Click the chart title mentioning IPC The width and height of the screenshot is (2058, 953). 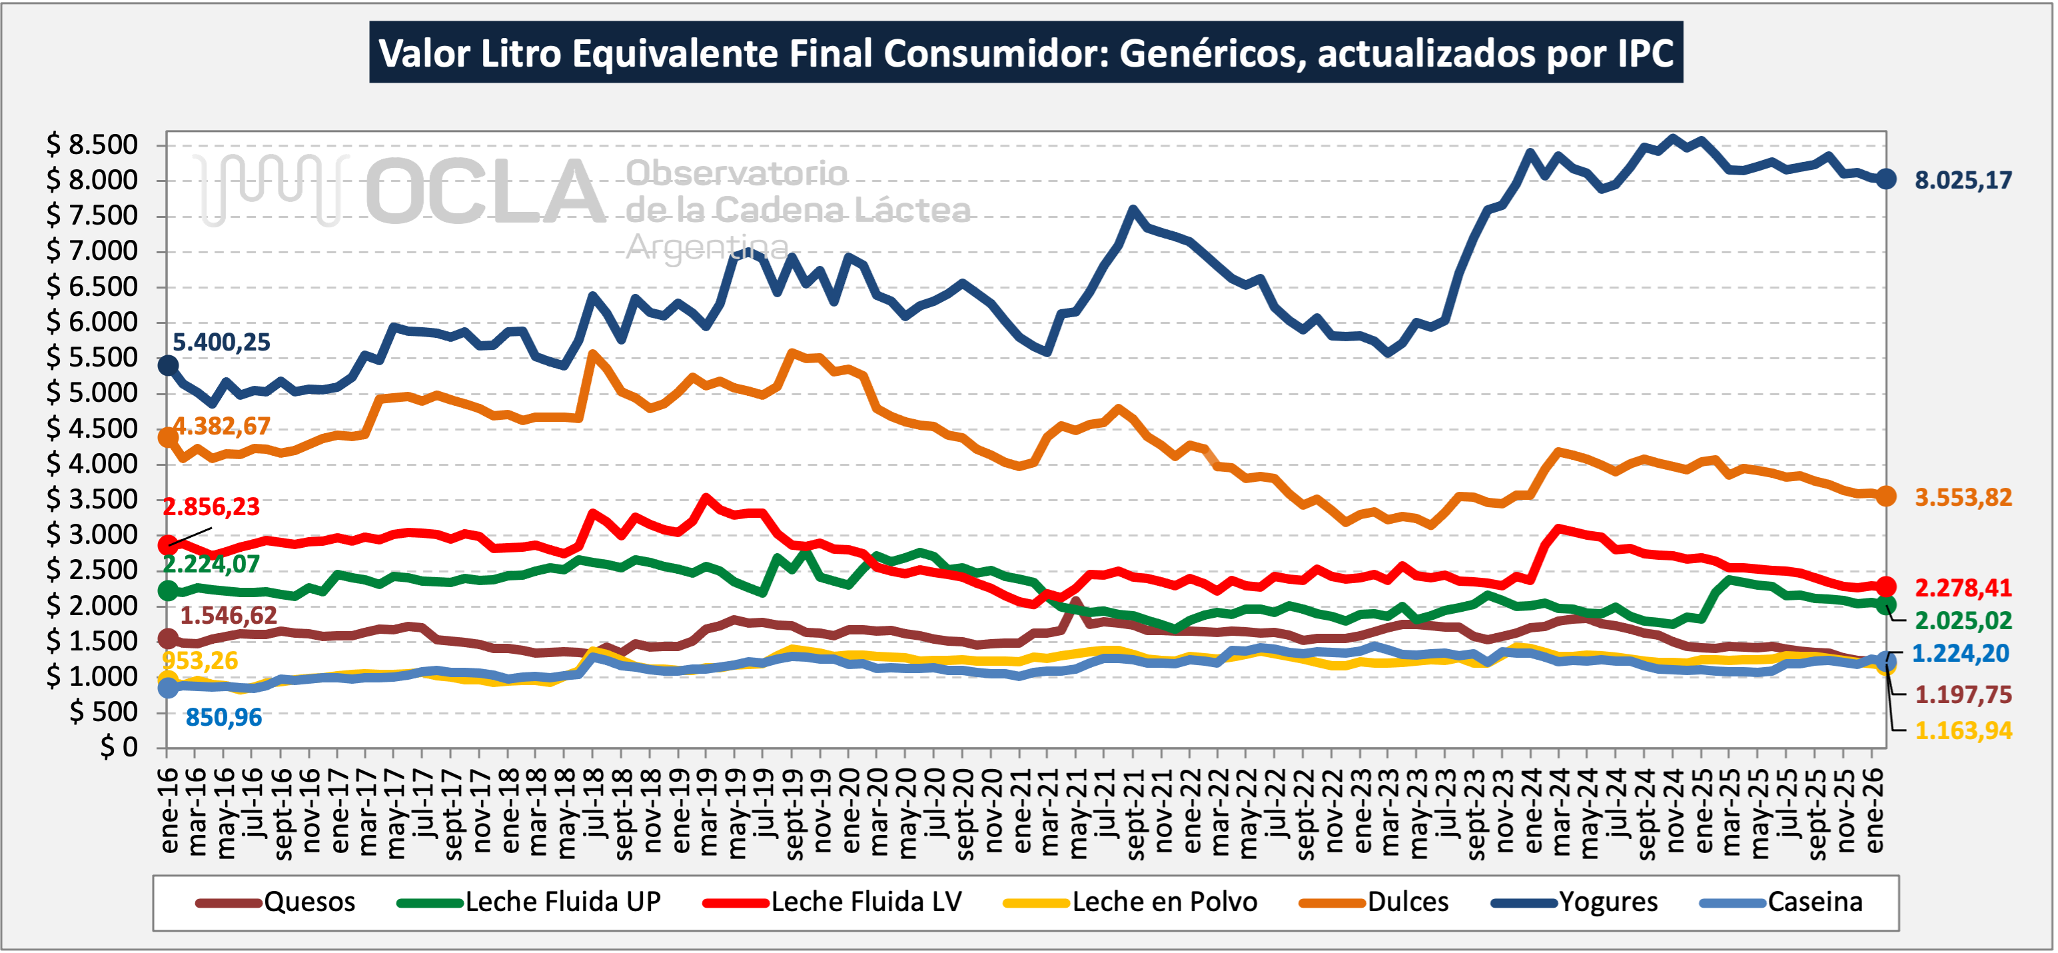(1026, 53)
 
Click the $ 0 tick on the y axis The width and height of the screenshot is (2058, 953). (118, 748)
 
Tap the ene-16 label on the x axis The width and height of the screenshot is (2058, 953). (169, 810)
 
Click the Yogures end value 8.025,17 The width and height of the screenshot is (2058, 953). (1963, 181)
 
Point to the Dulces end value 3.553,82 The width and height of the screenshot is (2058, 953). (1963, 498)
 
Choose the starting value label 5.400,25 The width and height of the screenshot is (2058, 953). (221, 343)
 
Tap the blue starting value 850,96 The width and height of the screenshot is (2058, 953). (224, 717)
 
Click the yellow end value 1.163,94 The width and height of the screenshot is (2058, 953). (1963, 730)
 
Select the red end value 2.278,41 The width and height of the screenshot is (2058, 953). (1963, 588)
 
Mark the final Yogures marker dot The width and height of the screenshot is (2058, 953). (1885, 179)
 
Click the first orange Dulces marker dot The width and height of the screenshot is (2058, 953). (168, 437)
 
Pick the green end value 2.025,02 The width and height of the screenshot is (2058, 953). (1963, 620)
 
